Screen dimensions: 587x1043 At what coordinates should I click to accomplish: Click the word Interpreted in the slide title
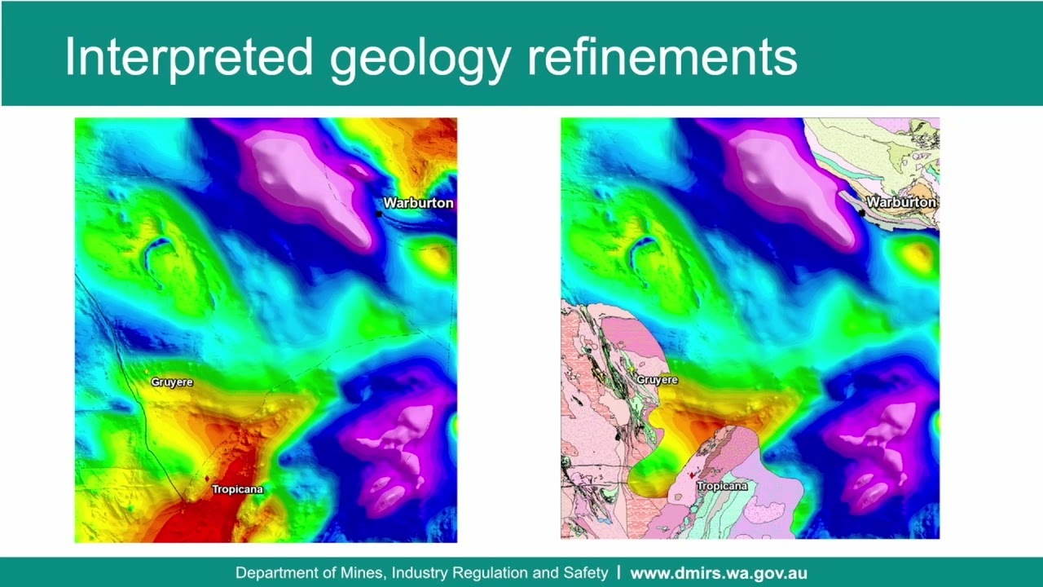point(188,56)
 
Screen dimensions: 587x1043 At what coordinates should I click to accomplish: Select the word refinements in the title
point(662,56)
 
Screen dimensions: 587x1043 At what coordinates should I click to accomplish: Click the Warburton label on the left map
point(418,203)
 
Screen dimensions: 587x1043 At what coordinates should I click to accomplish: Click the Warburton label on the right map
point(901,201)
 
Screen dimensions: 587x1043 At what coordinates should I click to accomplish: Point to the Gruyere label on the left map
point(172,382)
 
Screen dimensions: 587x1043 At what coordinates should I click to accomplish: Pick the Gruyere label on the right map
point(657,380)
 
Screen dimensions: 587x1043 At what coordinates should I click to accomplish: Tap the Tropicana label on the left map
point(237,489)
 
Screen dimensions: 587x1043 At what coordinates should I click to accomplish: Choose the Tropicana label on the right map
point(721,486)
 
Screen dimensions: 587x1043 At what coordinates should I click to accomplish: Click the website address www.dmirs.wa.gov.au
point(719,573)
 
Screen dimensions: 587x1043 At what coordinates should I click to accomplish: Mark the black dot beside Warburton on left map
point(379,214)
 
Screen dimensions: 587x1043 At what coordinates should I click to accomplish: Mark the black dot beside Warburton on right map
point(862,213)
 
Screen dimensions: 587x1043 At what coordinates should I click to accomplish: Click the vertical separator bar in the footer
point(619,573)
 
